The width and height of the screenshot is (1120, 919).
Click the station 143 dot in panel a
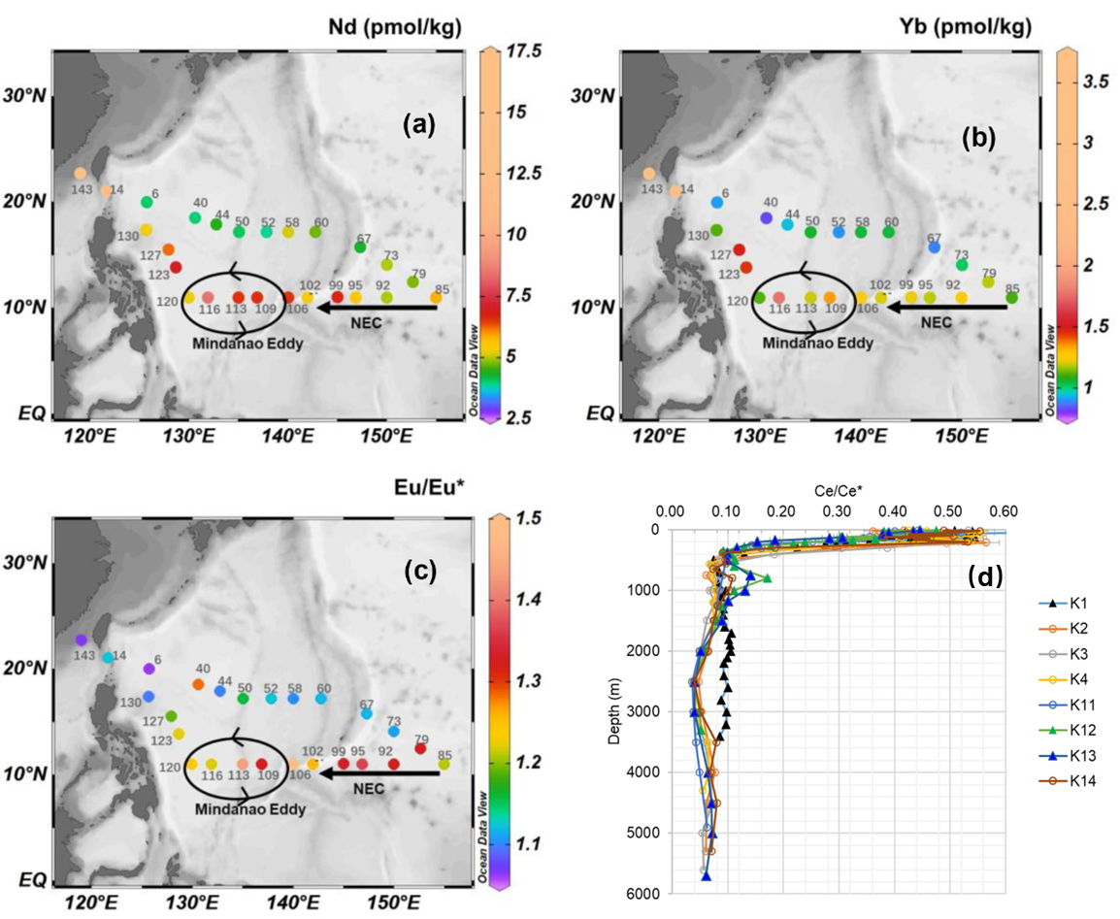[81, 173]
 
